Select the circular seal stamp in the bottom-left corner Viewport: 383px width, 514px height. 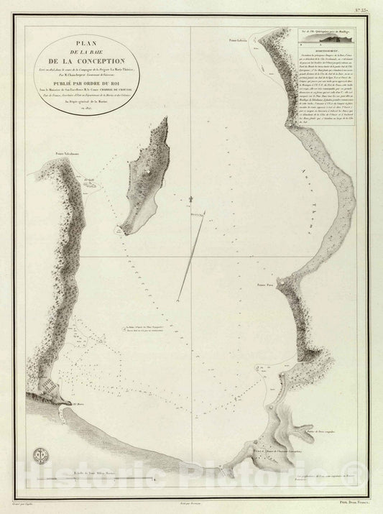(42, 454)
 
